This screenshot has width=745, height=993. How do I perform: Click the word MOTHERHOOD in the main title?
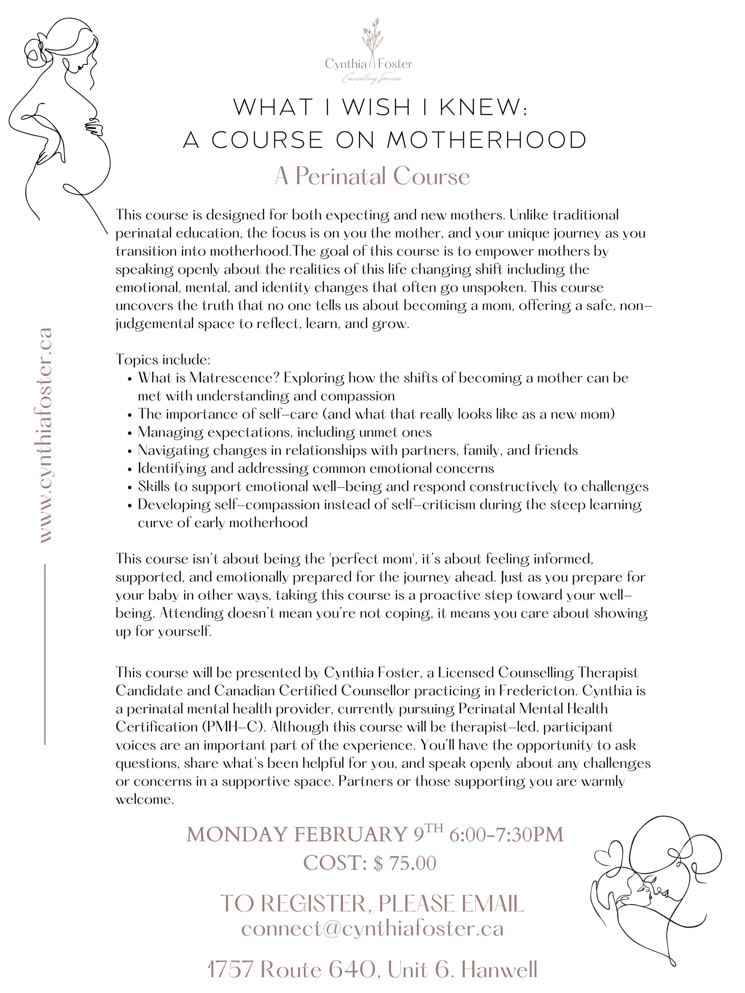(x=487, y=140)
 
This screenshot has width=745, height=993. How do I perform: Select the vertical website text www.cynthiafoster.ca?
(x=45, y=436)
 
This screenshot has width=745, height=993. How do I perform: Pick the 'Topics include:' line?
(x=163, y=360)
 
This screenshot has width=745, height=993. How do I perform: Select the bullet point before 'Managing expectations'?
(x=130, y=433)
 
